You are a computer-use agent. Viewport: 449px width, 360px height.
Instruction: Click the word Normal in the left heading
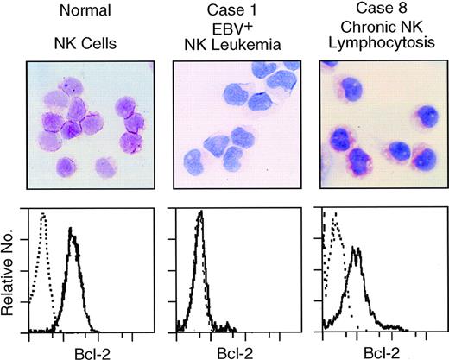tap(74, 15)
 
